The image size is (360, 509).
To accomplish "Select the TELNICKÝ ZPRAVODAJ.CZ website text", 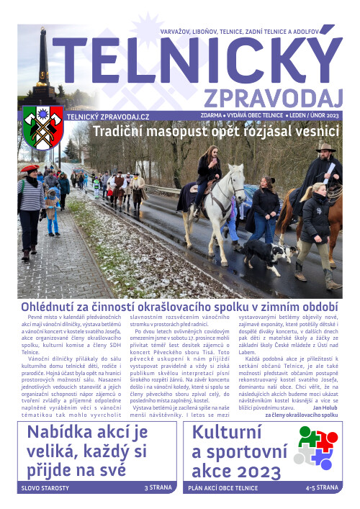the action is click(108, 117).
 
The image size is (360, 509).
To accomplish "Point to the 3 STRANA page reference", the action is click(158, 488).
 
